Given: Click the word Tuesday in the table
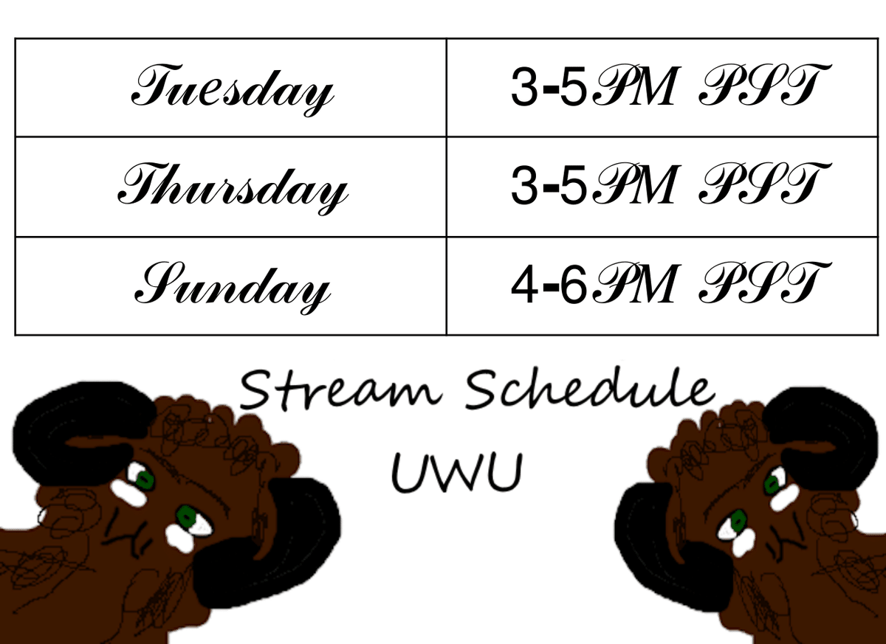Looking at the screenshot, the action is click(233, 90).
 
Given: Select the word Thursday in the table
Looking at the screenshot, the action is click(233, 189).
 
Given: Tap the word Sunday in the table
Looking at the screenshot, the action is click(233, 288).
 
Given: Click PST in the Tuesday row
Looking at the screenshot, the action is click(765, 85).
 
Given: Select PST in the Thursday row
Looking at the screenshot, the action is click(765, 184).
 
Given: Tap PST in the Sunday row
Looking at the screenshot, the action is click(765, 283).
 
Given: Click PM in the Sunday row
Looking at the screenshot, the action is click(636, 283).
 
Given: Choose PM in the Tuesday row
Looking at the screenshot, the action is click(636, 85).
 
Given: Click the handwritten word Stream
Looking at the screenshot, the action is click(340, 390).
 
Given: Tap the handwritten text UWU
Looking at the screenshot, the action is click(457, 473).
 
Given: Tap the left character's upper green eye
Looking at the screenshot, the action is click(145, 480).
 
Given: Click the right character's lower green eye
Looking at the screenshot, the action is click(738, 521).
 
